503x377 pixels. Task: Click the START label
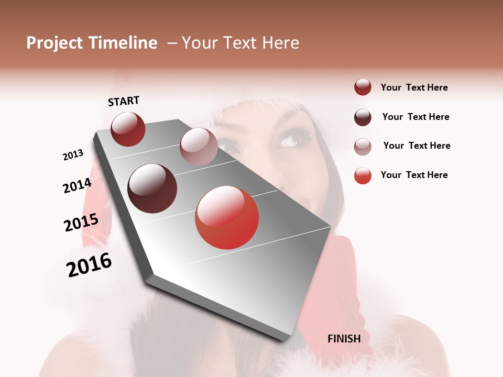click(x=124, y=101)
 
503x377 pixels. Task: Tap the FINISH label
click(x=344, y=339)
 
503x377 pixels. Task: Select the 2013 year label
click(x=73, y=155)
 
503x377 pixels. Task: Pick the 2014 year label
click(x=77, y=186)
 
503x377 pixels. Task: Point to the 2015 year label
click(x=81, y=223)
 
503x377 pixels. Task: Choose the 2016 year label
click(x=89, y=265)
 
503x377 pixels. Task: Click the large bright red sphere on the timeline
click(x=227, y=217)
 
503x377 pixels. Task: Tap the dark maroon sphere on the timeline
click(x=152, y=188)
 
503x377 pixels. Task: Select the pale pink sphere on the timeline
click(x=198, y=146)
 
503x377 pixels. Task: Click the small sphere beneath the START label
click(x=128, y=129)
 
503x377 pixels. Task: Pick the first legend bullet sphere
click(x=363, y=87)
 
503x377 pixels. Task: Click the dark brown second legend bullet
click(x=363, y=117)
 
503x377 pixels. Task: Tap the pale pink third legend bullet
click(x=363, y=146)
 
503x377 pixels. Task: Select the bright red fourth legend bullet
click(x=363, y=175)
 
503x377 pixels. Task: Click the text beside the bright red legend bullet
click(x=414, y=175)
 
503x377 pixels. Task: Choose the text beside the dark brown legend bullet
click(x=415, y=117)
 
